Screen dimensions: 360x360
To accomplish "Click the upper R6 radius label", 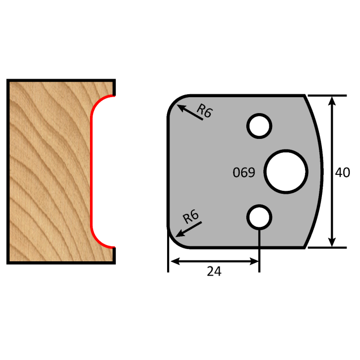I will tap(205, 112).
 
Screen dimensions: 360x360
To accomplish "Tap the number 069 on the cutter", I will tap(244, 173).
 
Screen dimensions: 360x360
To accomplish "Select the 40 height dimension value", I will tap(342, 173).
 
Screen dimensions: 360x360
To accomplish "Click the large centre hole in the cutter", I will tap(286, 172).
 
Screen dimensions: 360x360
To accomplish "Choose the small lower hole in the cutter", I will tap(259, 218).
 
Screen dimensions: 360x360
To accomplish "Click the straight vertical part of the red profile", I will tap(92, 171).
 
